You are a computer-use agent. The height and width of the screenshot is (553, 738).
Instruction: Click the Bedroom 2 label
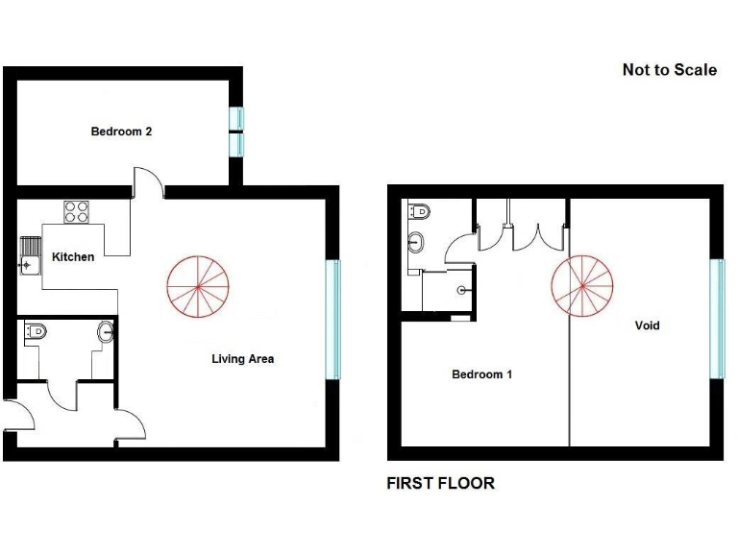[x=121, y=132]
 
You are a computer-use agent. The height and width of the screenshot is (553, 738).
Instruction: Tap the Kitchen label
[x=73, y=257]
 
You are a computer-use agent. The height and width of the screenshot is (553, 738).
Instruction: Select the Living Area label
[x=243, y=359]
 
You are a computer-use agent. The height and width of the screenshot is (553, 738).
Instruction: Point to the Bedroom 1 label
[x=481, y=374]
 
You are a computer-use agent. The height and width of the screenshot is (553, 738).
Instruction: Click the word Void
[x=648, y=325]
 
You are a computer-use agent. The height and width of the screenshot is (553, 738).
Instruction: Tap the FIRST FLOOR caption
[x=440, y=483]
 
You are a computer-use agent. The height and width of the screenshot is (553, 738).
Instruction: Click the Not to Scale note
[x=669, y=70]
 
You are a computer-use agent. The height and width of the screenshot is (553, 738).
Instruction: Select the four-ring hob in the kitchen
[x=77, y=211]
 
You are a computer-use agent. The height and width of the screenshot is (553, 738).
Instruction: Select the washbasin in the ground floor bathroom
[x=106, y=332]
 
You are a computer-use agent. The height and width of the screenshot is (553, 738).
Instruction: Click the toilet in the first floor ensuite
[x=419, y=211]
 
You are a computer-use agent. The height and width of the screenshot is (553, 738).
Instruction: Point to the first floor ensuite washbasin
[x=416, y=241]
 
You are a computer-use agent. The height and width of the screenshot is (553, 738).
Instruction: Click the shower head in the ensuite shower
[x=462, y=289]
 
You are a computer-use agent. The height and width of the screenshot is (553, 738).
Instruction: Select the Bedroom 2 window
[x=235, y=130]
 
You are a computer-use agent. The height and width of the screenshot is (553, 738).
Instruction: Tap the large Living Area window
[x=335, y=320]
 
